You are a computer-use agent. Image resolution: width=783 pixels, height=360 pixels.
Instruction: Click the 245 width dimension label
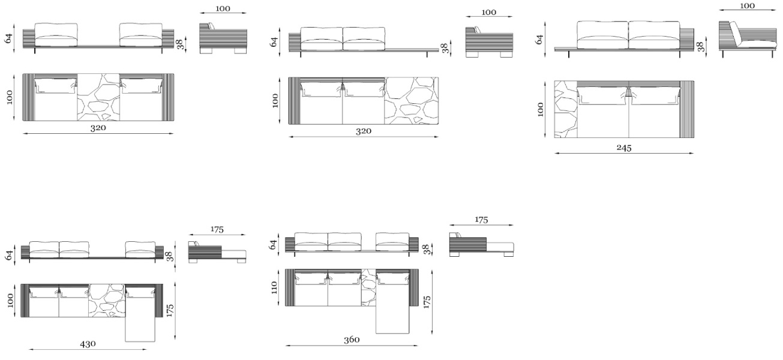[x=624, y=148]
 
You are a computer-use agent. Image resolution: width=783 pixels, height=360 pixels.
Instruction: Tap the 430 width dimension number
[x=88, y=344]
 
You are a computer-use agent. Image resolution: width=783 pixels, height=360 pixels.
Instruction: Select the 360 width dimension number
[x=352, y=340]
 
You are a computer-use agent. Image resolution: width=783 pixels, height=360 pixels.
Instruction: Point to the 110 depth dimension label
[x=274, y=287]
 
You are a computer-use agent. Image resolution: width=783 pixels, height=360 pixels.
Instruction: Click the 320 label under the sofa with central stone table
[x=98, y=128]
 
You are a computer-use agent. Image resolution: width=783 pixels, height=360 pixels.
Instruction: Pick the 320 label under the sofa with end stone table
[x=364, y=131]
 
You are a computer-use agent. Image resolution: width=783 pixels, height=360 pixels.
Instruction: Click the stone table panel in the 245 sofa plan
[x=566, y=109]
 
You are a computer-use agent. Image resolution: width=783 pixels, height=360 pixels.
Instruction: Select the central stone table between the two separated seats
[x=98, y=97]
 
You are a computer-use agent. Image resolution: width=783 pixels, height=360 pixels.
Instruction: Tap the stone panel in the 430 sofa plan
[x=107, y=301]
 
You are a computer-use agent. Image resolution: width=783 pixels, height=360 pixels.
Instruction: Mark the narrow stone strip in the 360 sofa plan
[x=368, y=287]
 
